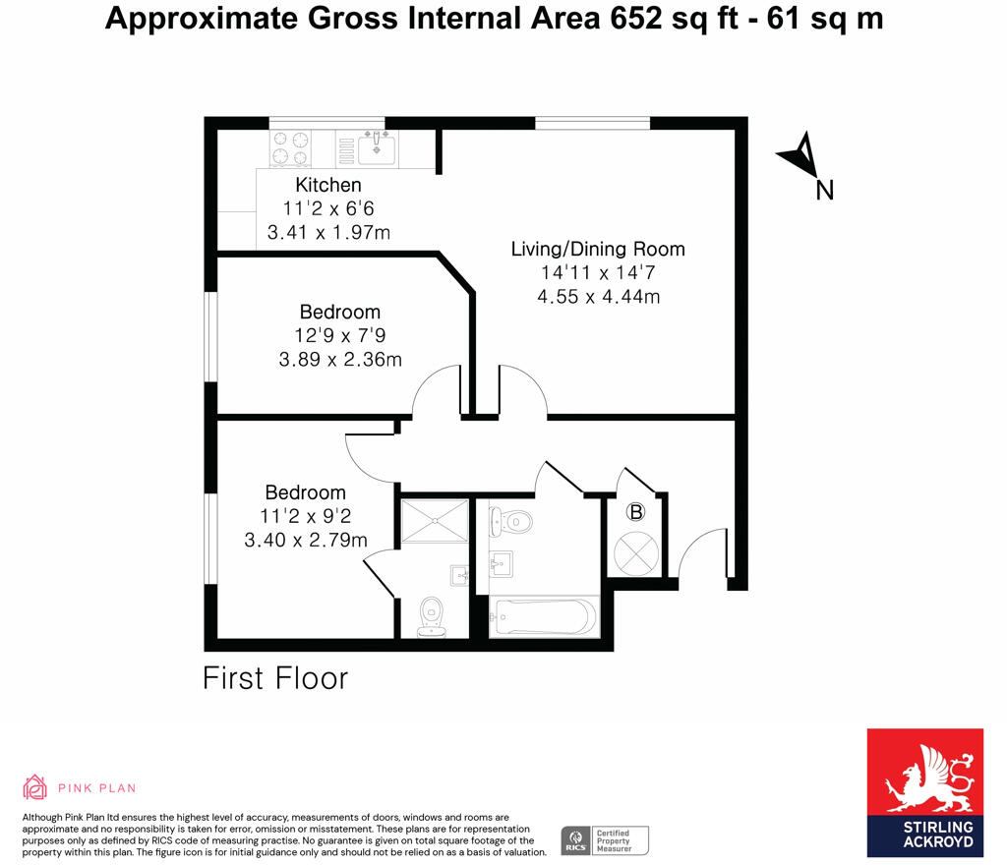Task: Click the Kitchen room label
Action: pos(328,185)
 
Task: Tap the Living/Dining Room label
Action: pos(597,249)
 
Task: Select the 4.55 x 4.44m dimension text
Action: pos(598,296)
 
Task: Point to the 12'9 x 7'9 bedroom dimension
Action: pos(340,336)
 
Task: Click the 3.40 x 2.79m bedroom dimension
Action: pos(306,540)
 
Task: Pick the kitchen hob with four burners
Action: pos(290,148)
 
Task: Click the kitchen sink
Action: pos(376,148)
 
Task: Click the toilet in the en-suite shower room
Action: pos(431,616)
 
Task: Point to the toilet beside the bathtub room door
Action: pos(511,520)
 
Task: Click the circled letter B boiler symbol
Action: pos(636,512)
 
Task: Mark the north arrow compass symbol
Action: pos(802,157)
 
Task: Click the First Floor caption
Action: pos(275,678)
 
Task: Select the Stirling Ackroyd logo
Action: pos(924,791)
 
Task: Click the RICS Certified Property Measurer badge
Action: pos(605,840)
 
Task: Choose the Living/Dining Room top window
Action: pos(593,123)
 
